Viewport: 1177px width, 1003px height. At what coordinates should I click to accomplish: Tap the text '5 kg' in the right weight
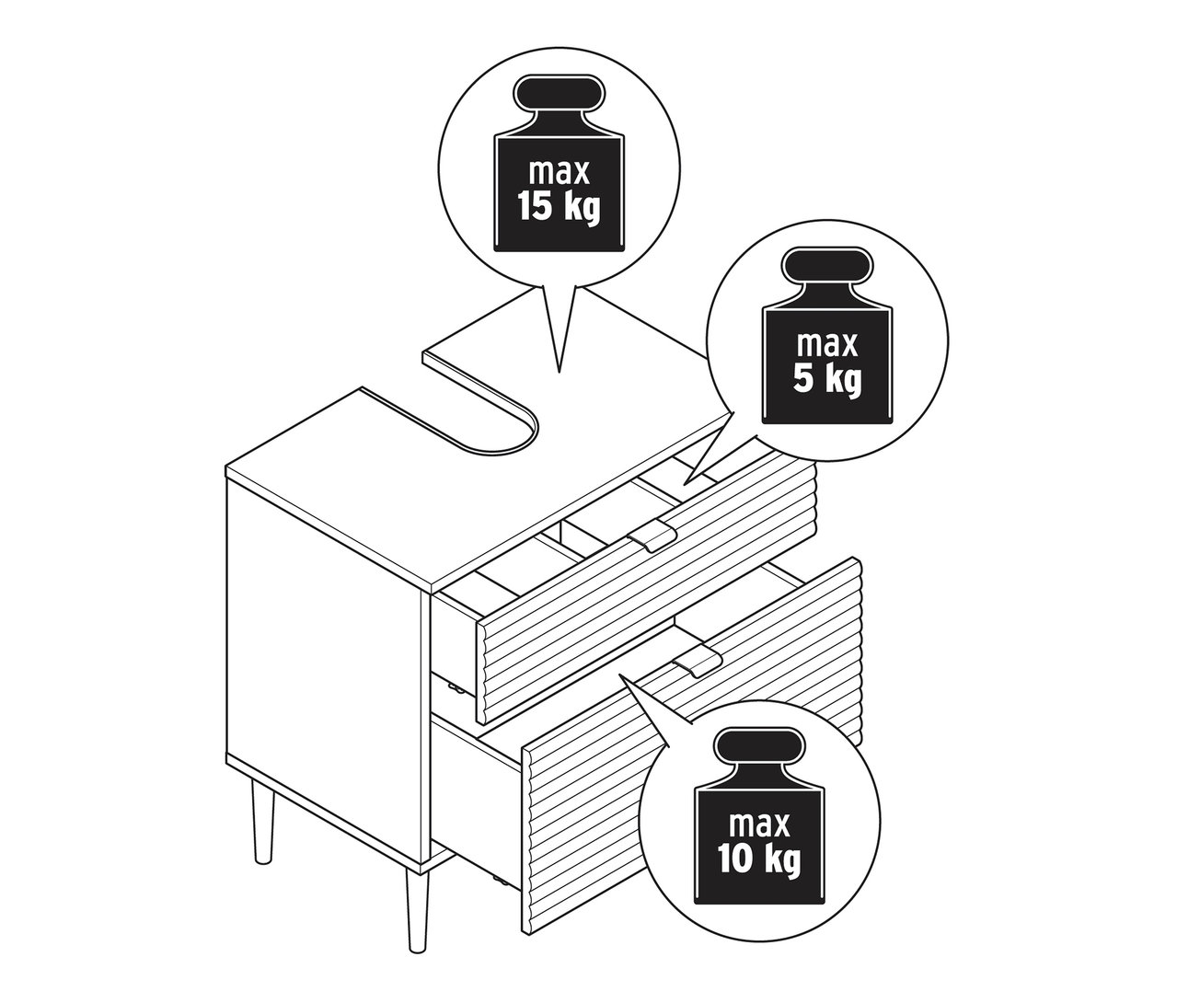point(827,377)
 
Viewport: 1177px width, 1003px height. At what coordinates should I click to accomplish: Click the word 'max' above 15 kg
point(559,171)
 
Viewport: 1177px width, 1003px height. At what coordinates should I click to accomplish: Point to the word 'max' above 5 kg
point(827,343)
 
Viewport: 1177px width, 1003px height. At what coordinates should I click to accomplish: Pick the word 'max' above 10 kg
point(759,824)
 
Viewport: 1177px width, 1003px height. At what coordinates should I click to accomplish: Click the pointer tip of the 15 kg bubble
point(560,373)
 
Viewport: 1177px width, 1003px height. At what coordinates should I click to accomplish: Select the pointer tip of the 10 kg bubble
point(620,675)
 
